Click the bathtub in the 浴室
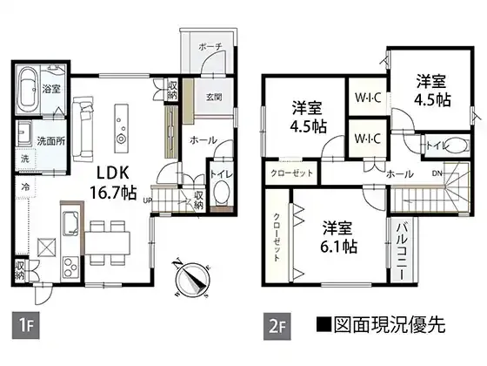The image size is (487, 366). coord(27,90)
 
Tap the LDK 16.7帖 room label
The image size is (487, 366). coord(113,183)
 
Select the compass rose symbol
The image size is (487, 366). coord(190,279)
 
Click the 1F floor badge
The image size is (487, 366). coord(26,325)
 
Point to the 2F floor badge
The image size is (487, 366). coord(277,326)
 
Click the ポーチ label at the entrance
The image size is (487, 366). coord(210,47)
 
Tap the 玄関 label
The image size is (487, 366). coord(214,97)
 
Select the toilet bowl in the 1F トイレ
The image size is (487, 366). coord(222,193)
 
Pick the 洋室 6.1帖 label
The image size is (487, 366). coord(338,236)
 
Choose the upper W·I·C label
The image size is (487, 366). coord(368,98)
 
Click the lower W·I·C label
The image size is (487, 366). coord(368,139)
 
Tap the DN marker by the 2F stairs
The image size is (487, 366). coord(437,173)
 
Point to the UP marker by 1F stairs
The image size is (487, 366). coord(147,200)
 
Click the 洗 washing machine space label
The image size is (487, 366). coord(25,159)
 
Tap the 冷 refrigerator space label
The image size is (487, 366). coord(25,187)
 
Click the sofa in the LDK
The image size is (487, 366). coord(83,129)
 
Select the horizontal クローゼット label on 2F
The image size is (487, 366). coord(291,173)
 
